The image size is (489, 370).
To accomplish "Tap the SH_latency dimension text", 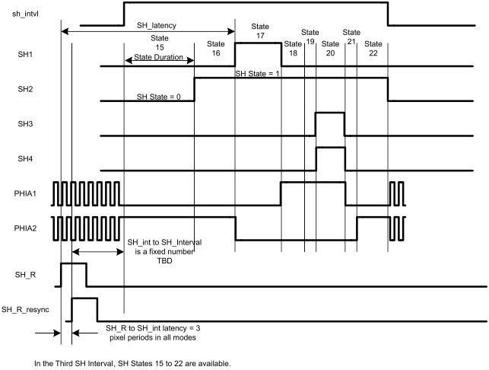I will (156, 25).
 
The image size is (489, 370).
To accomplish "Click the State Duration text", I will (159, 56).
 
